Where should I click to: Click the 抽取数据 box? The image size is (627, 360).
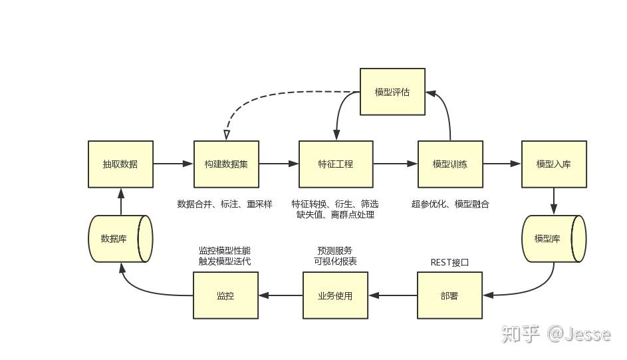[120, 164]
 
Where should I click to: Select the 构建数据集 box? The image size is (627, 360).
[226, 164]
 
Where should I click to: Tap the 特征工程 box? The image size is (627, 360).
[336, 164]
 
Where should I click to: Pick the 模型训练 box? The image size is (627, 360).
[450, 164]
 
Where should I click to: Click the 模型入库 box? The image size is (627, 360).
[554, 164]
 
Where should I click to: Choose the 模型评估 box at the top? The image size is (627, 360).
[392, 92]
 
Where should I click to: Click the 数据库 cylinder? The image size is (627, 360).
[120, 238]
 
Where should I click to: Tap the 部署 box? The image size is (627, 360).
[449, 295]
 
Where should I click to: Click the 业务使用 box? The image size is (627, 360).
[336, 295]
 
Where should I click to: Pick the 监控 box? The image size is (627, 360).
[225, 295]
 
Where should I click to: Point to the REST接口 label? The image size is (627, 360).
[449, 262]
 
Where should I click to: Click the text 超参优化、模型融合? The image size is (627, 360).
[450, 204]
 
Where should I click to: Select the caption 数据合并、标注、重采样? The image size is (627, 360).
[225, 204]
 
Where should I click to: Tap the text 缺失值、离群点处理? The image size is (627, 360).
[335, 214]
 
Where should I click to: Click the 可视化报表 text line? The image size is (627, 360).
[335, 262]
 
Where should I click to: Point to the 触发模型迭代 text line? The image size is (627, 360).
[225, 262]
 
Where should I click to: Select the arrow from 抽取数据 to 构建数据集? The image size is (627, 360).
[173, 164]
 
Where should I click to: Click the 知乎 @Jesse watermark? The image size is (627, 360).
[556, 333]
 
